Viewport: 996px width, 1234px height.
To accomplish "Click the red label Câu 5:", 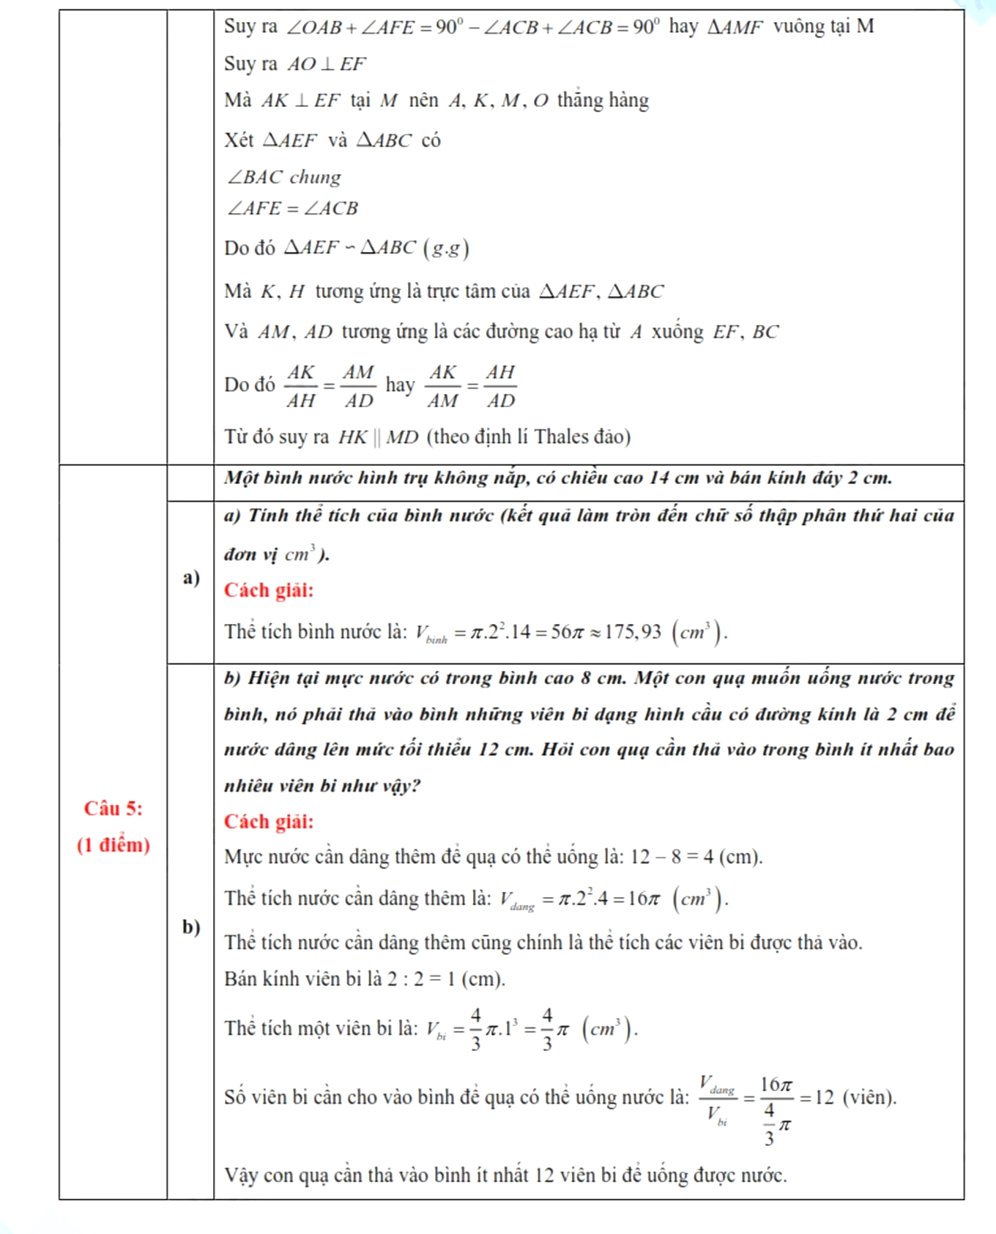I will [x=114, y=809].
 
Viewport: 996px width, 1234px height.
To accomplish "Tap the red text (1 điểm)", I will [x=114, y=845].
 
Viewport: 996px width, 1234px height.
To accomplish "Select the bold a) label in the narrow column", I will [x=191, y=578].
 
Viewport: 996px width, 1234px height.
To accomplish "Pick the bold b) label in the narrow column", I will [x=191, y=927].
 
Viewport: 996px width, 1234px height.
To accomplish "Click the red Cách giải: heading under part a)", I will [x=269, y=590].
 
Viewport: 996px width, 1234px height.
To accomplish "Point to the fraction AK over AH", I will [x=301, y=386].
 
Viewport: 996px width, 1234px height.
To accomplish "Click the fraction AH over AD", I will [x=501, y=386].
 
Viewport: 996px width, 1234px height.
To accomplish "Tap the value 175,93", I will [x=631, y=631].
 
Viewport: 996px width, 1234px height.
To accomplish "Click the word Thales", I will [x=562, y=437].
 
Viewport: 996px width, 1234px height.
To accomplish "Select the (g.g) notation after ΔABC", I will [x=446, y=248].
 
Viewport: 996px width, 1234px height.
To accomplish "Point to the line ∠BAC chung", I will [x=284, y=177].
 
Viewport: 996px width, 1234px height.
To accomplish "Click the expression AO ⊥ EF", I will [x=326, y=64].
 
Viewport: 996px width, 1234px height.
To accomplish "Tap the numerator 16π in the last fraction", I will [x=776, y=1084].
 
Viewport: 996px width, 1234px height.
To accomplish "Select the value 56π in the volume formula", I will [x=567, y=631].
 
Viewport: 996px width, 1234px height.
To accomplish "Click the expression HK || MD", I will [x=378, y=437].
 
